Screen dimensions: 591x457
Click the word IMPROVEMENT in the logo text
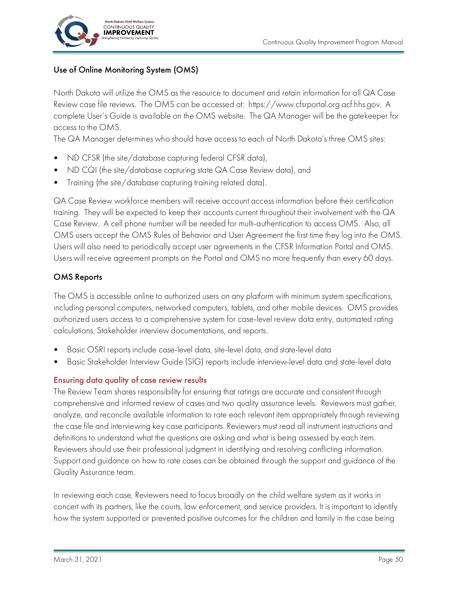[x=128, y=33]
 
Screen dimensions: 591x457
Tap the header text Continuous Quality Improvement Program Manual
[x=332, y=42]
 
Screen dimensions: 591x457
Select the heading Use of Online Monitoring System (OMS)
[x=126, y=70]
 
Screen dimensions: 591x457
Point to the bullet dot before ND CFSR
[x=56, y=158]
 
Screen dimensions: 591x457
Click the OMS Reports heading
[x=78, y=277]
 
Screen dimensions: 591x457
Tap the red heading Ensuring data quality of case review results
[x=130, y=380]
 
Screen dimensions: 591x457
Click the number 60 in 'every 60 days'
[x=368, y=258]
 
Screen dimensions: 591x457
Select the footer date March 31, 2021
[x=78, y=559]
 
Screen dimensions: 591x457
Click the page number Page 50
[x=390, y=559]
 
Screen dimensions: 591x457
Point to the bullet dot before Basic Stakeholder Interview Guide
[x=56, y=362]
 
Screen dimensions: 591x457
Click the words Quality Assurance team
[x=94, y=472]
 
